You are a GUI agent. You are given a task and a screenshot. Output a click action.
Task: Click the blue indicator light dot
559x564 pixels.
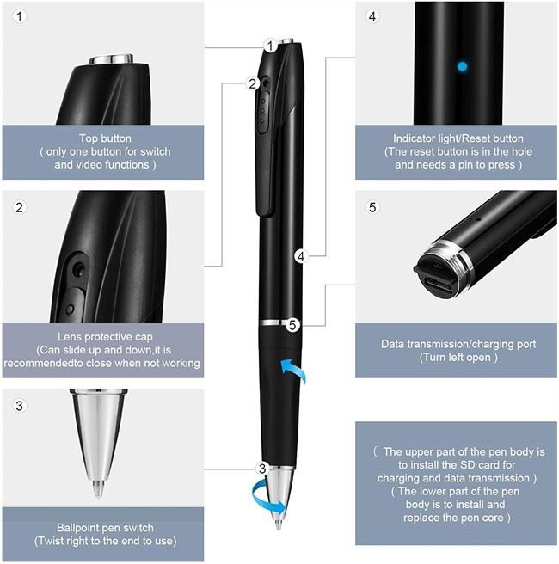tap(463, 65)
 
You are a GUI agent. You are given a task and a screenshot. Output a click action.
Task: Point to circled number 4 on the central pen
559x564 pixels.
tap(300, 256)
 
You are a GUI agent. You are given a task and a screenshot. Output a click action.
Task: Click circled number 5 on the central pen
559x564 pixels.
tap(293, 325)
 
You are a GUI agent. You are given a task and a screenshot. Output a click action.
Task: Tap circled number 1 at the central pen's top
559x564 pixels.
tap(271, 46)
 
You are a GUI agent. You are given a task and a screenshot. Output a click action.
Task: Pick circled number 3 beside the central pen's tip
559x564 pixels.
tap(263, 469)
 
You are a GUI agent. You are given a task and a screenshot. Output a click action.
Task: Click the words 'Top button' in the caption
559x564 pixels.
tap(105, 138)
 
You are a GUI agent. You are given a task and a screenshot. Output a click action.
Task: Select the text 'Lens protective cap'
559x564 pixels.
tap(105, 337)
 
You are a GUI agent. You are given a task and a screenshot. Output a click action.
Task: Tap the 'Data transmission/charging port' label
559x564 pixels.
tap(458, 344)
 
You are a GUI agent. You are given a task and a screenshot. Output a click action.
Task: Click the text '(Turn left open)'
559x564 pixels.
tap(458, 357)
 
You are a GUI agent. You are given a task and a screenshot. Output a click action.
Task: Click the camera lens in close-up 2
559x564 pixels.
tap(78, 269)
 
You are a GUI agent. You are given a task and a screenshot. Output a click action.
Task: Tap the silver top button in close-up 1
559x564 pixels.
tap(113, 58)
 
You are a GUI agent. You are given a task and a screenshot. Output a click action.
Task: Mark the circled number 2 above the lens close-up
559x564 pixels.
tap(19, 207)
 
